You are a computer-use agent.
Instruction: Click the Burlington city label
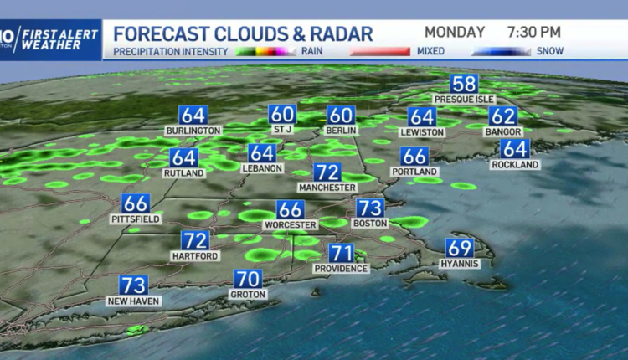coord(193,131)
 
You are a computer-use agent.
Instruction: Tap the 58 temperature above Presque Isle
coord(464,84)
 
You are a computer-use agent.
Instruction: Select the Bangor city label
coord(502,132)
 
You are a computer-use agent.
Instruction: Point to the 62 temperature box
coord(503,116)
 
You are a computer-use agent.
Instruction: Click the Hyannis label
coord(459,264)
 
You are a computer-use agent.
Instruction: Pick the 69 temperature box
coord(460,248)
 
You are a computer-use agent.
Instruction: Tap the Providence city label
coord(341,268)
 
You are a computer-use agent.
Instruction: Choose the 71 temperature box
coord(341,252)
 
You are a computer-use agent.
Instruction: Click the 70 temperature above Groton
coord(248,279)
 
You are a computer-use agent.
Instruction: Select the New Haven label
coord(134,301)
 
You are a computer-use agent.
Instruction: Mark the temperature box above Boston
coord(369,208)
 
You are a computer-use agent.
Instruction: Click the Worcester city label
coord(290,225)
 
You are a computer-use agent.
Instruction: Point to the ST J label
coord(282,130)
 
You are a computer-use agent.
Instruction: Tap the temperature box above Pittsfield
coord(135,203)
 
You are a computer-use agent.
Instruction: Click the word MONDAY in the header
coord(455,32)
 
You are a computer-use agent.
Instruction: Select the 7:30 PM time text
coord(535,32)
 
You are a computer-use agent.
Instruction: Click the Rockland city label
coord(515,165)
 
